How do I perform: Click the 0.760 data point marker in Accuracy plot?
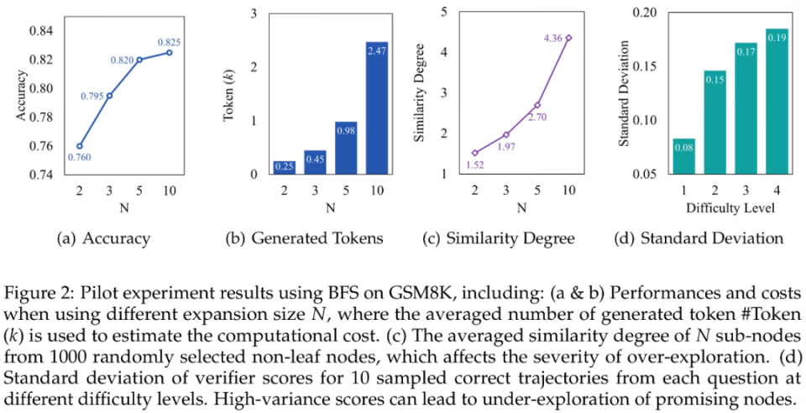[x=78, y=145]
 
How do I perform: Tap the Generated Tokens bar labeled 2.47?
[x=377, y=108]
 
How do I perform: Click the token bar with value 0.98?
[x=346, y=148]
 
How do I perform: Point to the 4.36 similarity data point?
[x=568, y=38]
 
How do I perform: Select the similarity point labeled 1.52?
[x=474, y=153]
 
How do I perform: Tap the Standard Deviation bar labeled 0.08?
[x=684, y=156]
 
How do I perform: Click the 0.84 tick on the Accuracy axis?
[x=41, y=31]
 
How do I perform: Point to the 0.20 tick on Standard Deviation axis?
[x=649, y=12]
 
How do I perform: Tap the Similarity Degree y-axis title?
[x=426, y=93]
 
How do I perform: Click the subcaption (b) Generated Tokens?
[x=304, y=238]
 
